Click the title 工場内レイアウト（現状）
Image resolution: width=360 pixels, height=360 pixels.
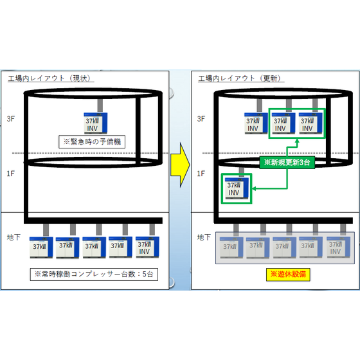51,79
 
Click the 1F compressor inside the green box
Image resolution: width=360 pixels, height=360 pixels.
236,188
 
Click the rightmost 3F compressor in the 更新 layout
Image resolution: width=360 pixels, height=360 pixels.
310,123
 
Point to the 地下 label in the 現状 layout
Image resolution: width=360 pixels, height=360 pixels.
14,238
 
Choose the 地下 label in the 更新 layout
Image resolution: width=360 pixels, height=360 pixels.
204,238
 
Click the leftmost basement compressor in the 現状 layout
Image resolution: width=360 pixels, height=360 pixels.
42,246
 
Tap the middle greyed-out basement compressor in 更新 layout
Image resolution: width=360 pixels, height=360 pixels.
285,247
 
